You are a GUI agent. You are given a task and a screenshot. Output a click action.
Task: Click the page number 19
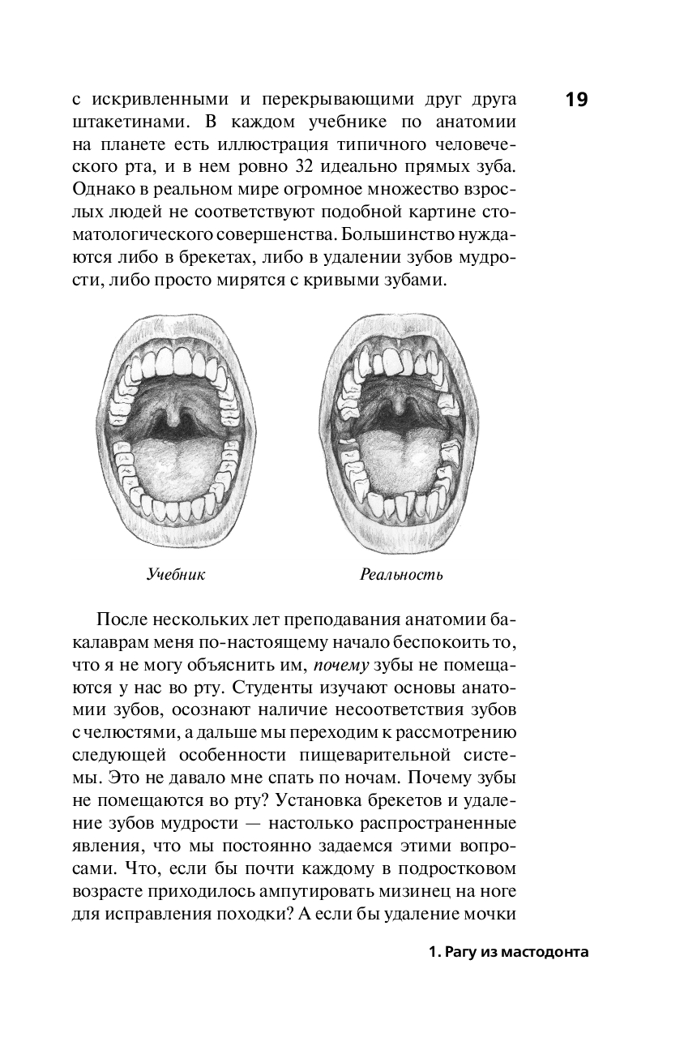click(576, 101)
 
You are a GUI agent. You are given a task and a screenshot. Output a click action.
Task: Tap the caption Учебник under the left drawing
click(176, 575)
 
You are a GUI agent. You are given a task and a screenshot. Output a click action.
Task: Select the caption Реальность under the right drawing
click(401, 575)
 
